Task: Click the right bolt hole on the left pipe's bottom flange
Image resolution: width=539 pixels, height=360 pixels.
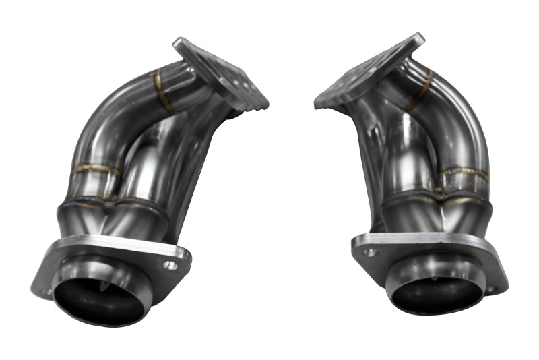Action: [172, 264]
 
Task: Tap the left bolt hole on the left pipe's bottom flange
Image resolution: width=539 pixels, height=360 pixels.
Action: [46, 291]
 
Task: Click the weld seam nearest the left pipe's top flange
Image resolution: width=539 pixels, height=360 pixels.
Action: [162, 92]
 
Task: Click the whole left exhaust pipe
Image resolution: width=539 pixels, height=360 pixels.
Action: [135, 189]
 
